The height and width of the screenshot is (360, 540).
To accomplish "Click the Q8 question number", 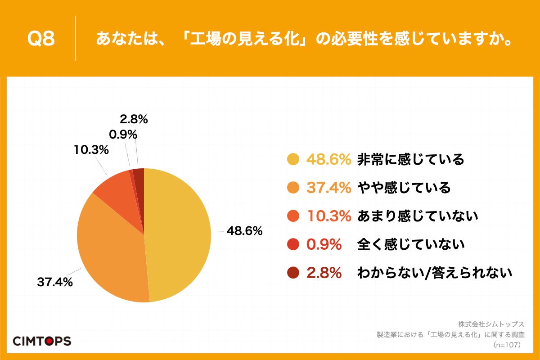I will click(41, 39).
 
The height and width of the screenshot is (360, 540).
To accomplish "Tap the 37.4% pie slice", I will click(112, 252).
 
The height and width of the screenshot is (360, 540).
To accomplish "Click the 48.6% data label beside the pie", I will click(244, 231).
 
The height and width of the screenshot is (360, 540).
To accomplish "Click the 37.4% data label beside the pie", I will click(55, 283).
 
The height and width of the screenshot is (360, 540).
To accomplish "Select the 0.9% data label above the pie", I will click(123, 135).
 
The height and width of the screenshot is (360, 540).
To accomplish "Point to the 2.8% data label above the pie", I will click(134, 119).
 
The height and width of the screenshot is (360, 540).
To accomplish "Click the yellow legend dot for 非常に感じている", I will click(293, 159).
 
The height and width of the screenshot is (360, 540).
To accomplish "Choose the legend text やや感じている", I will click(404, 188).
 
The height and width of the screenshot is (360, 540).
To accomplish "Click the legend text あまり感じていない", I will click(417, 216).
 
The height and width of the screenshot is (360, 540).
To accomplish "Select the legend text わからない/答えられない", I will click(435, 273).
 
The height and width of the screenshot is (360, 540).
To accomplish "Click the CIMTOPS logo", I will click(42, 341).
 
